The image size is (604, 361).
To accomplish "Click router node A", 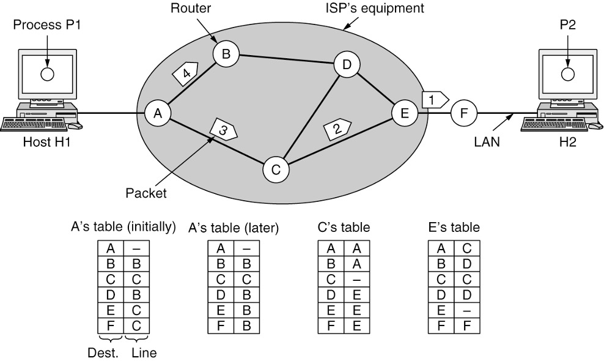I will [157, 113].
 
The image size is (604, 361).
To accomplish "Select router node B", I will [226, 54].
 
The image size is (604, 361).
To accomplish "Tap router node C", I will [276, 169].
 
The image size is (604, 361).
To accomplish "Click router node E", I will [404, 114].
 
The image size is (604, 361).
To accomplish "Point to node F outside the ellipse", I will [463, 114].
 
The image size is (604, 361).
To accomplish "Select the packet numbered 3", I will [223, 130].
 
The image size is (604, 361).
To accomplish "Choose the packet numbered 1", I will [434, 97].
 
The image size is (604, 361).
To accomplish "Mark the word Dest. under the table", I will [110, 353].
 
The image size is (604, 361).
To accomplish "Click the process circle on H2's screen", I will [568, 74].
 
